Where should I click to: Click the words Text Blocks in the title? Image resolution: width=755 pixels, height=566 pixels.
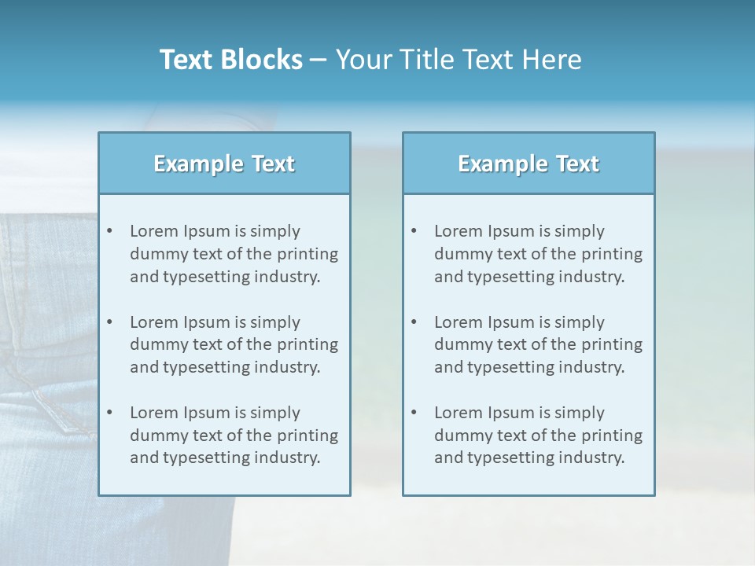pyautogui.click(x=230, y=60)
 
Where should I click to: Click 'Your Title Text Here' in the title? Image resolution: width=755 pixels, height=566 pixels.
pyautogui.click(x=459, y=60)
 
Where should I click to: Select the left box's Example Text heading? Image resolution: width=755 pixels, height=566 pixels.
pyautogui.click(x=224, y=164)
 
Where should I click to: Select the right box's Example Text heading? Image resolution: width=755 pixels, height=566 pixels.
pyautogui.click(x=528, y=164)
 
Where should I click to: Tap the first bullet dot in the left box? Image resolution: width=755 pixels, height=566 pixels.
pyautogui.click(x=109, y=231)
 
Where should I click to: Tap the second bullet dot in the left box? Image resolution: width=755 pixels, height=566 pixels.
pyautogui.click(x=109, y=322)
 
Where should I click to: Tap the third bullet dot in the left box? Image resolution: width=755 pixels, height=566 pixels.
pyautogui.click(x=109, y=413)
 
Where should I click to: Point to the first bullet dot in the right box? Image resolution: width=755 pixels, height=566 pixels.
pyautogui.click(x=414, y=231)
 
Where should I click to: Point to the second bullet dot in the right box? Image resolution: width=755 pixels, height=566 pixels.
pyautogui.click(x=414, y=322)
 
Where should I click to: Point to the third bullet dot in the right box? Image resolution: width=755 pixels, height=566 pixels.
pyautogui.click(x=414, y=413)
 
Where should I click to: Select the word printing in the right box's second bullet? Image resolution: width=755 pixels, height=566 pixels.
pyautogui.click(x=611, y=344)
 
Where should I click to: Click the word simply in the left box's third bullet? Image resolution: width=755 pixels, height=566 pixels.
pyautogui.click(x=275, y=413)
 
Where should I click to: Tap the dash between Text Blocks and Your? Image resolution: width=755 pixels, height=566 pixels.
pyautogui.click(x=319, y=60)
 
